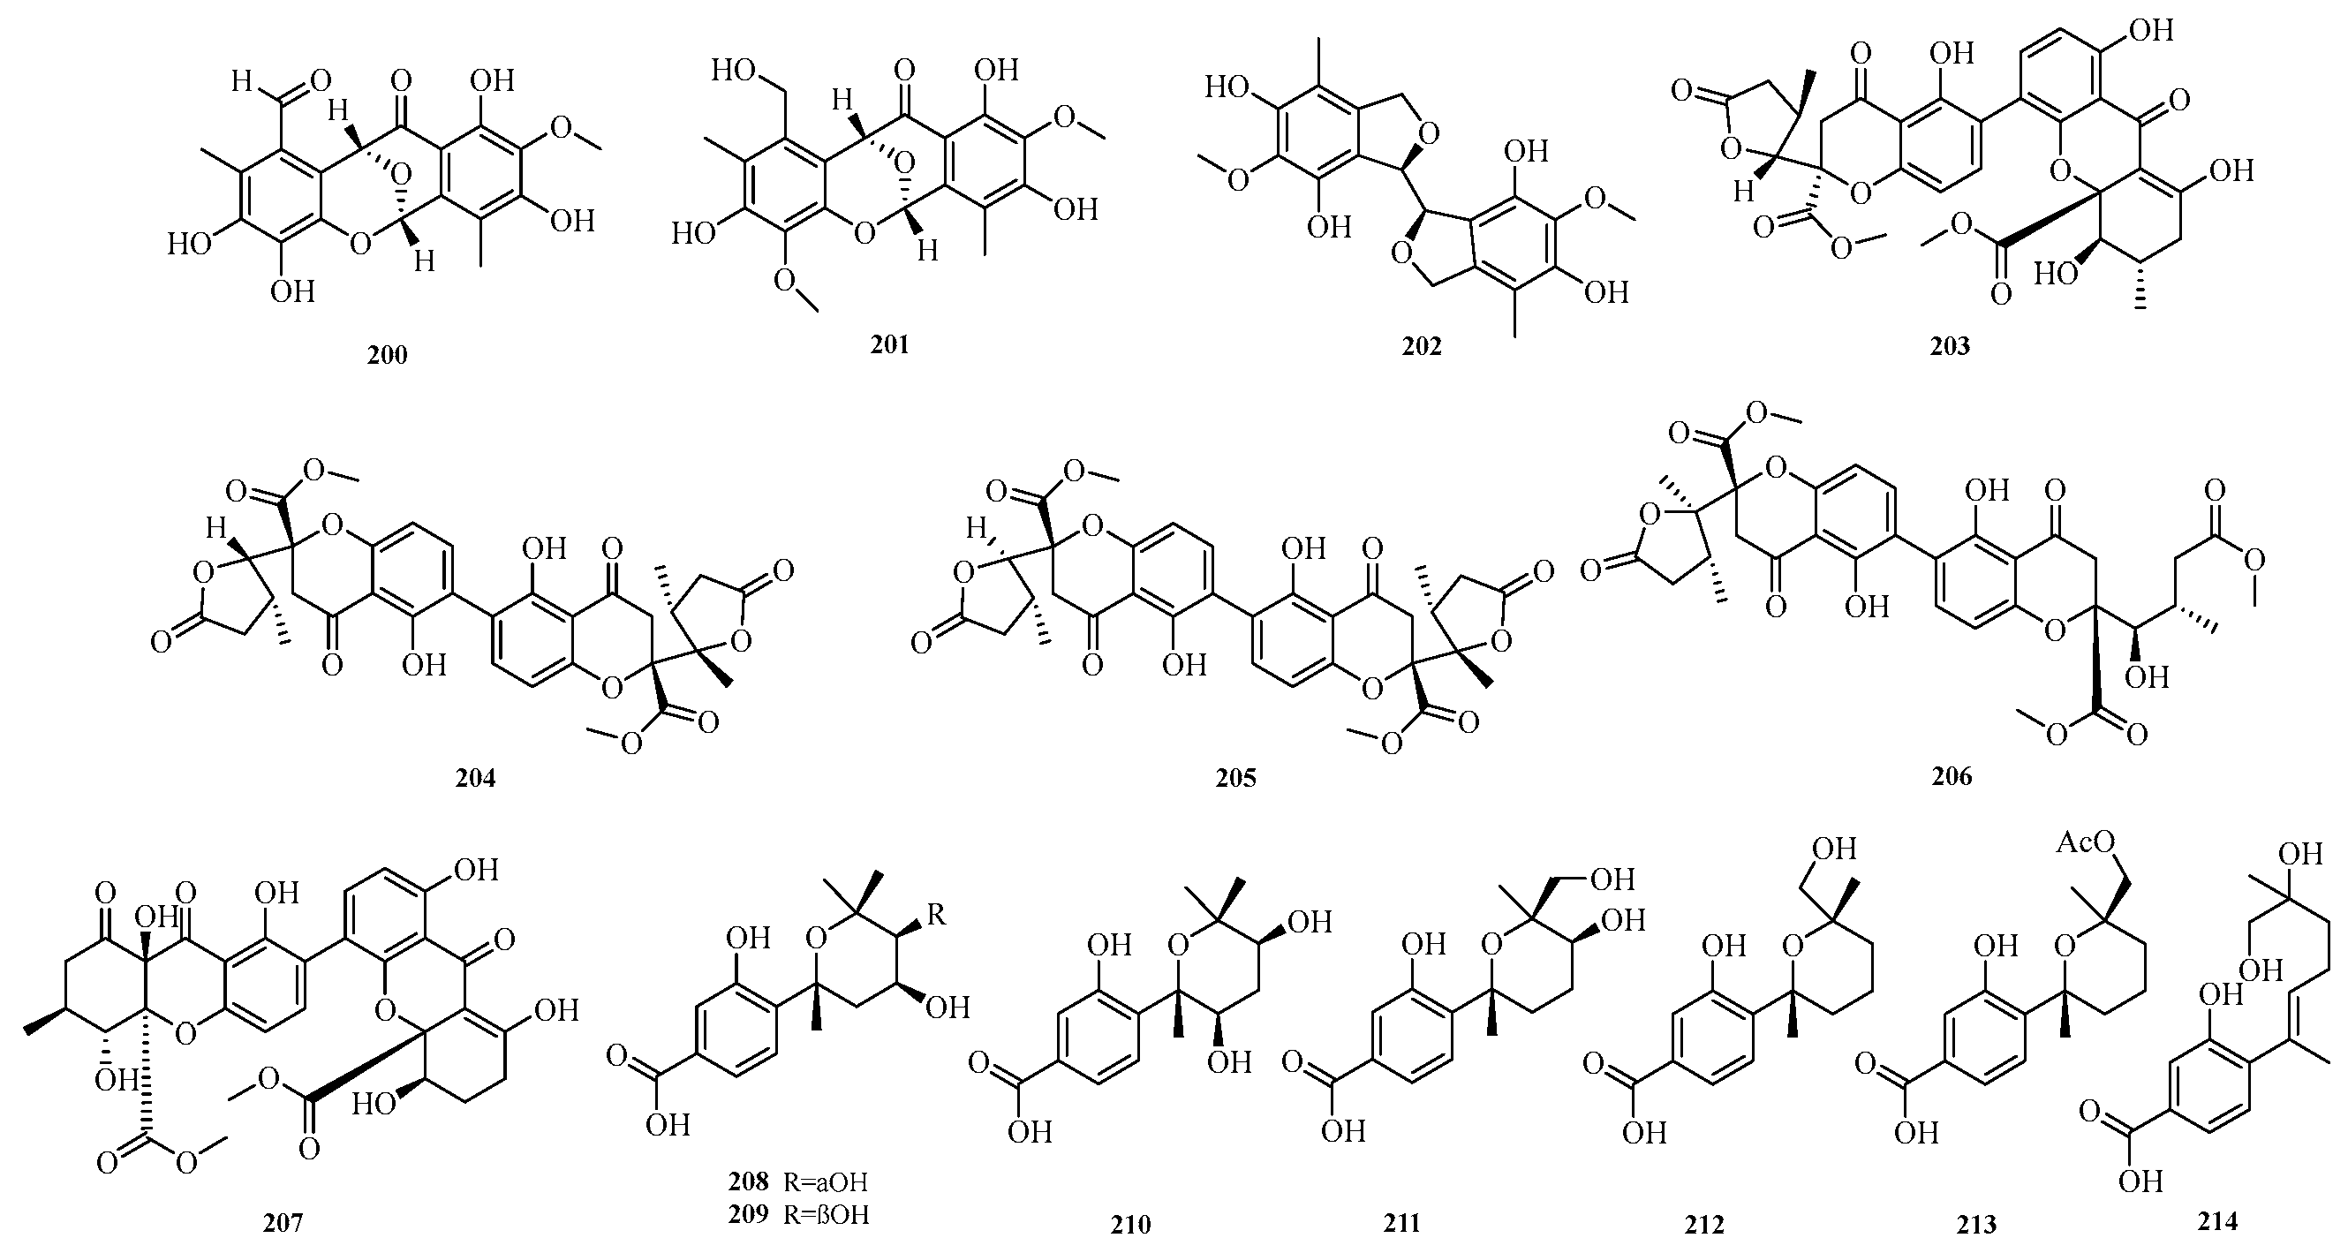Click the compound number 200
[388, 355]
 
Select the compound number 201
[889, 344]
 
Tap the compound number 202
[1422, 347]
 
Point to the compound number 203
[1950, 346]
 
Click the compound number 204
[476, 777]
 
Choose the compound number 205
[1235, 777]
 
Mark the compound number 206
[1952, 776]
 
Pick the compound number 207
[283, 1223]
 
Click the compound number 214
[2217, 1221]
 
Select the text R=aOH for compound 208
[826, 1183]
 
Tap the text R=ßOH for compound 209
[826, 1215]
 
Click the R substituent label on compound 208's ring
[935, 915]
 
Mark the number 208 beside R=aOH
[748, 1183]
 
